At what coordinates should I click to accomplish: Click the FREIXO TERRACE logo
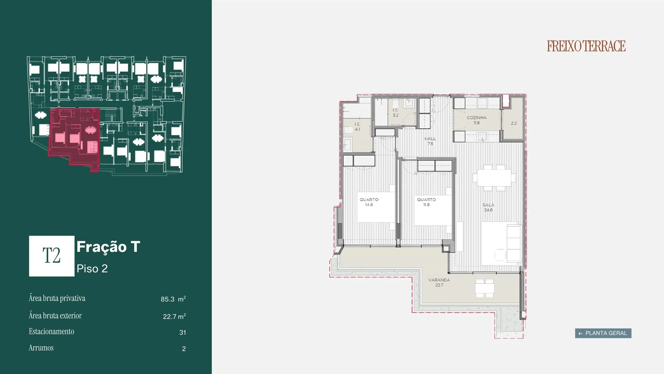point(586,46)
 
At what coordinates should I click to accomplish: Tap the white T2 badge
point(52,256)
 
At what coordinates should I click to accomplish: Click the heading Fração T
point(108,247)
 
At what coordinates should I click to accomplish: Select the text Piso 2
point(92,268)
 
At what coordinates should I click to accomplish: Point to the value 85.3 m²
point(173,299)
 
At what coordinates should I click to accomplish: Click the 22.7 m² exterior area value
point(174,316)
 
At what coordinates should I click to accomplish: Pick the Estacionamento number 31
point(183,332)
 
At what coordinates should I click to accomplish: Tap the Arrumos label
point(41,348)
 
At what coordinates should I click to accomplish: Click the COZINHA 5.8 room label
point(477,120)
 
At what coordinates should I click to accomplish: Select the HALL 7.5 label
point(430,141)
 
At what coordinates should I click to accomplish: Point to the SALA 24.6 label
point(488,207)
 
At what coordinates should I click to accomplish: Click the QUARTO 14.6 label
point(369,202)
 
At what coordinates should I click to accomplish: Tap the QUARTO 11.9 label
point(426,202)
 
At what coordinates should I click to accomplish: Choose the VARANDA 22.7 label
point(439,282)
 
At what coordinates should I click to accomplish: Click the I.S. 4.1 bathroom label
point(357,126)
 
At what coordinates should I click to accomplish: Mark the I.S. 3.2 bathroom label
point(395,113)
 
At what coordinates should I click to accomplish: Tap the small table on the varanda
point(484,288)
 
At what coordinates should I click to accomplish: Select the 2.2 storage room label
point(514,123)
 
